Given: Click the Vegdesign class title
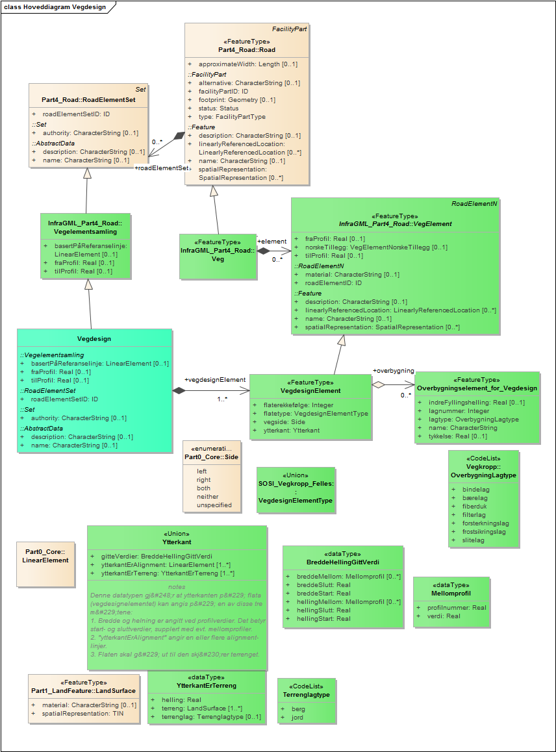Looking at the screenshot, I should tap(94, 339).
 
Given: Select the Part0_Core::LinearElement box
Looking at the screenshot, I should tap(45, 556).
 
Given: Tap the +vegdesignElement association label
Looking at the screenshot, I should tap(214, 380).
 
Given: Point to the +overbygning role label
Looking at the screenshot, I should tap(393, 371).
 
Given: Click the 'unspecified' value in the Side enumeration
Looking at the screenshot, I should tap(214, 505).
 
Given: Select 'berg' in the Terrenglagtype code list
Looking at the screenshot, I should tap(298, 709).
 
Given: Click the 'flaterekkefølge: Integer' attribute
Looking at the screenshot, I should tap(298, 405).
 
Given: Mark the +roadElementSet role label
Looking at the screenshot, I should tap(162, 168).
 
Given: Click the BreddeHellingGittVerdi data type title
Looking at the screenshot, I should tap(342, 562).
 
